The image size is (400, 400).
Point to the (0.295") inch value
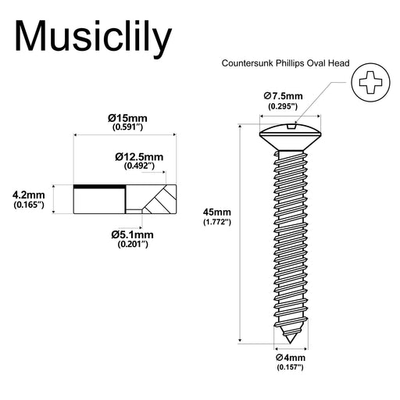click(283, 105)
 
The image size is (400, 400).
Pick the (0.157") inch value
click(289, 367)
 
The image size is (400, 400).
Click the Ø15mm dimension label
click(128, 118)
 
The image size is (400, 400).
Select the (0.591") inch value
click(128, 127)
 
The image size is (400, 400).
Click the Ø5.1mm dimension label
click(132, 234)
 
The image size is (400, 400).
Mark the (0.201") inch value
click(132, 244)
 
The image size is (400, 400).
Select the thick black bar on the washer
click(99, 187)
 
